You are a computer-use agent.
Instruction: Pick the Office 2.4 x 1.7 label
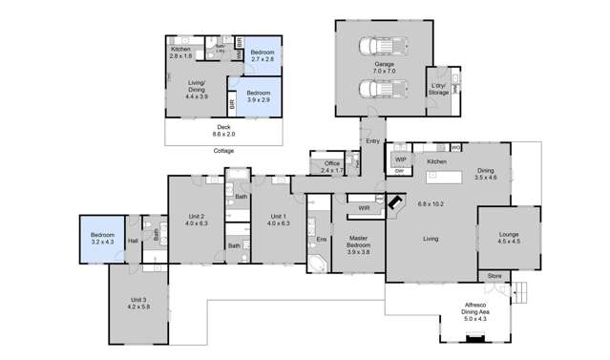[x=331, y=166]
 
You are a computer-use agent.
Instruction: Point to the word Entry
[x=372, y=141]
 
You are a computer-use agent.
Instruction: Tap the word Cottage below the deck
[x=223, y=151]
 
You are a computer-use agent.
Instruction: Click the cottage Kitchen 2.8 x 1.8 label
[x=182, y=52]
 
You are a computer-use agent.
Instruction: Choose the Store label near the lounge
[x=494, y=277]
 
